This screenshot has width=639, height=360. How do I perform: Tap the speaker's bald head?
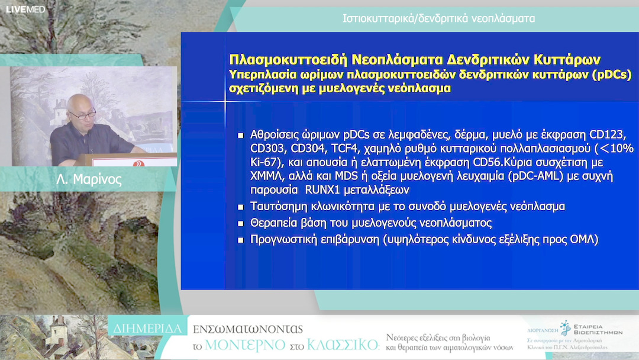pyautogui.click(x=81, y=104)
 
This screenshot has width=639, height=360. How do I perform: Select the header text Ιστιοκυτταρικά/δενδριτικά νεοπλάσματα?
pyautogui.click(x=438, y=18)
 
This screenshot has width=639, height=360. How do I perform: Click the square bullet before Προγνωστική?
pyautogui.click(x=241, y=240)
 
